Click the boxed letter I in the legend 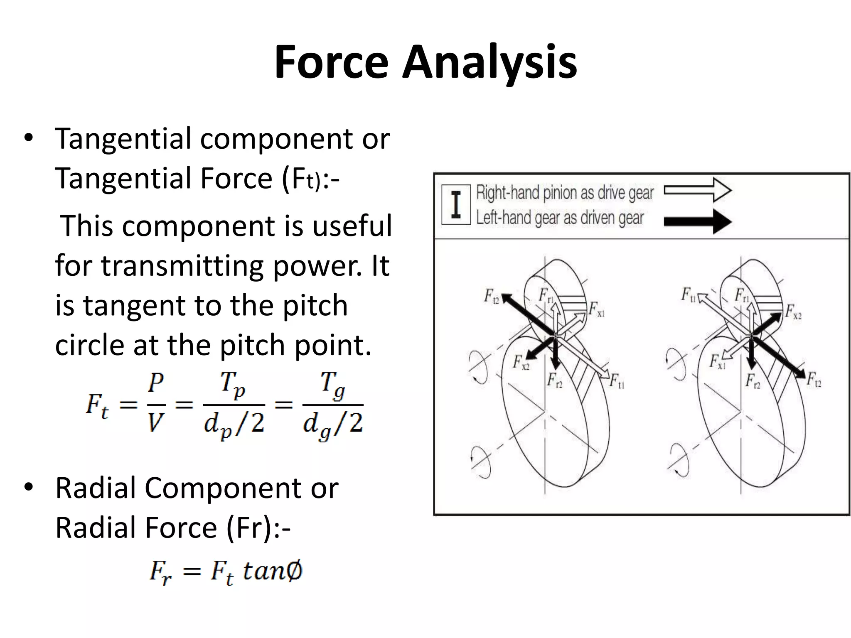[x=456, y=204]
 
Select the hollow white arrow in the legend [x=698, y=190]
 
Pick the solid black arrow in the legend [x=698, y=221]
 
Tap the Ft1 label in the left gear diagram [x=617, y=381]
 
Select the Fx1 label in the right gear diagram [x=717, y=362]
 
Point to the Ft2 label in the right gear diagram [x=814, y=380]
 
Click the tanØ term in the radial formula [x=273, y=571]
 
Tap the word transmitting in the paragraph [x=182, y=266]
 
